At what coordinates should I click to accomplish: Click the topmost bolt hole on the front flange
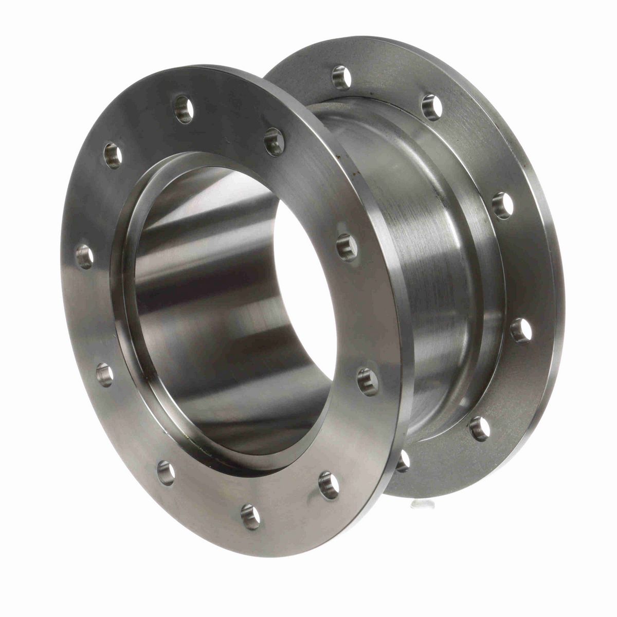(x=184, y=109)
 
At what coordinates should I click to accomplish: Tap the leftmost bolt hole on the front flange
(x=85, y=256)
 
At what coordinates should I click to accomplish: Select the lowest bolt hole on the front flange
(x=250, y=516)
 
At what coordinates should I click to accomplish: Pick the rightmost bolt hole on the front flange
(x=368, y=381)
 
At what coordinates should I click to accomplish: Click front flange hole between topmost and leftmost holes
(x=113, y=155)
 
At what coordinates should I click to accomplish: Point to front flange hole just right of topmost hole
(x=274, y=142)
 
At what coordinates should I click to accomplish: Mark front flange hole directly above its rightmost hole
(x=347, y=247)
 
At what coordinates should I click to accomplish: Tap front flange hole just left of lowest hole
(x=166, y=472)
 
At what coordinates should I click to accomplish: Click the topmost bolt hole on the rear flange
(x=341, y=78)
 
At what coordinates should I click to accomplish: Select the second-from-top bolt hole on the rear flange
(x=432, y=107)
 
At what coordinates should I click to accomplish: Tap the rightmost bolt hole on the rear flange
(x=521, y=330)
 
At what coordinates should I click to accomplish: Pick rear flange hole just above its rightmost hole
(x=502, y=205)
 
